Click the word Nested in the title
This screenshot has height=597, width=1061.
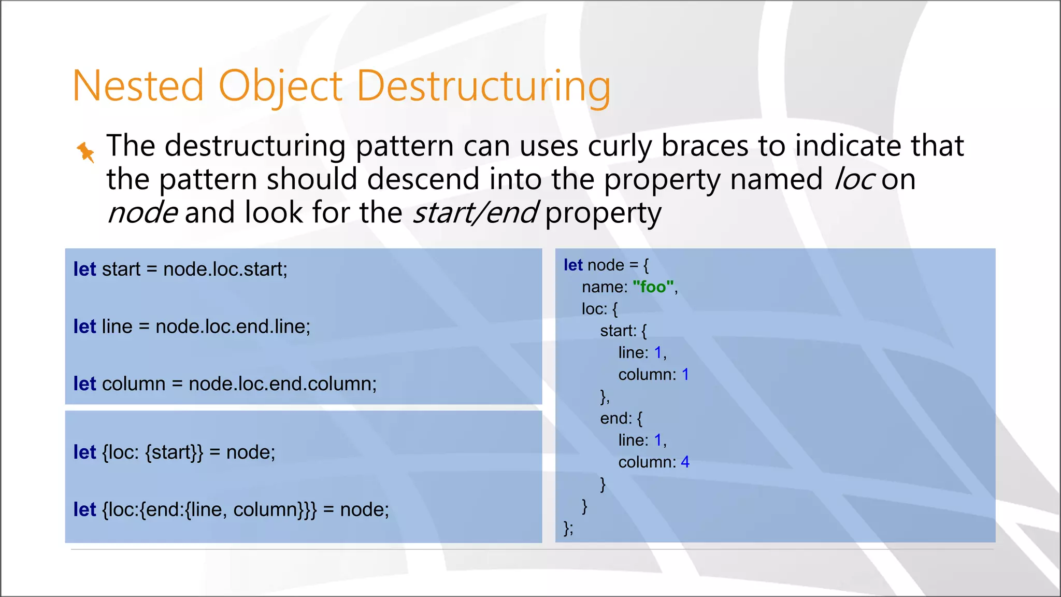click(x=138, y=86)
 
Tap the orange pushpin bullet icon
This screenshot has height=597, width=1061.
click(x=85, y=152)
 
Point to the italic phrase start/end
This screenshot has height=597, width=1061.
click(x=475, y=213)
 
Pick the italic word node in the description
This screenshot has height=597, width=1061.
click(x=142, y=213)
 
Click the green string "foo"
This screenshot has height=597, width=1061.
click(x=653, y=287)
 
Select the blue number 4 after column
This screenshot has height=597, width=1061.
click(x=685, y=462)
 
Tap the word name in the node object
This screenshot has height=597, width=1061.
click(x=604, y=287)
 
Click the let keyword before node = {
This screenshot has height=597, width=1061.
click(x=573, y=265)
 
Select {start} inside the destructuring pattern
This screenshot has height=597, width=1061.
click(x=174, y=452)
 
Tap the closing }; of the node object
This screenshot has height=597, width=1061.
click(x=568, y=528)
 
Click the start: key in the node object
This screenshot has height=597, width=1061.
click(x=618, y=331)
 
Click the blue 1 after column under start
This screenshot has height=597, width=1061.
click(x=685, y=374)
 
